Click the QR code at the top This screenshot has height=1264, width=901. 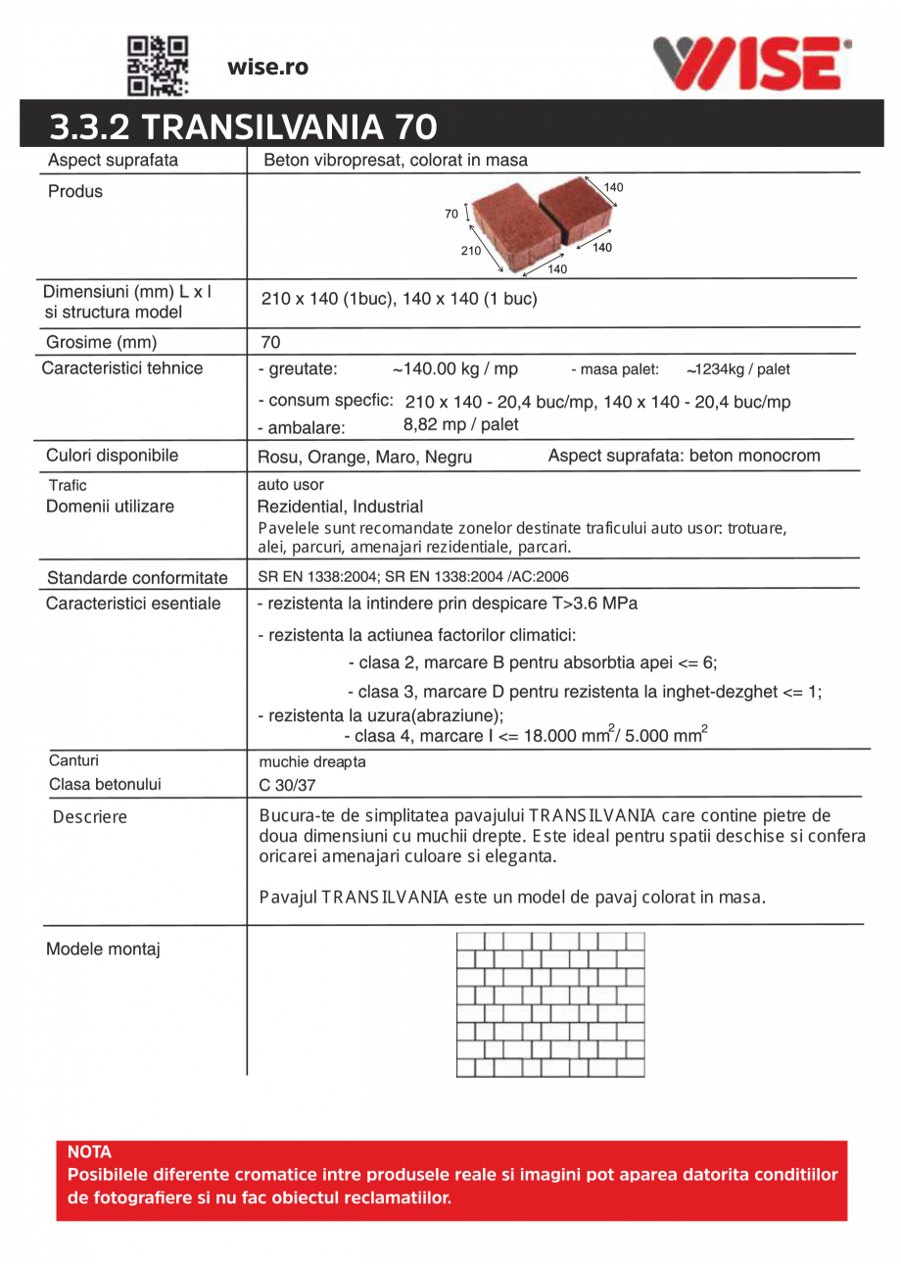[x=158, y=66]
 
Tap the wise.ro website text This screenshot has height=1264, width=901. [x=267, y=67]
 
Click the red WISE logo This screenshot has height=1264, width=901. [x=752, y=65]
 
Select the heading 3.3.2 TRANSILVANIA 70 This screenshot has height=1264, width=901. [x=244, y=127]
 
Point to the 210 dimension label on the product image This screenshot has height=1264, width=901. [x=471, y=251]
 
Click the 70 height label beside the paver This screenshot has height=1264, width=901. [x=451, y=214]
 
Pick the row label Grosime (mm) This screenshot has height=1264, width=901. [x=102, y=343]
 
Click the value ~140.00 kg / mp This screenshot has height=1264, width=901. [x=455, y=369]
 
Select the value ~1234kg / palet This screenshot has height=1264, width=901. [x=737, y=370]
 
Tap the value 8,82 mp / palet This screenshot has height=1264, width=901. [x=461, y=425]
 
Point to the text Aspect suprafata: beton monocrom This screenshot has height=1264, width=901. [x=684, y=456]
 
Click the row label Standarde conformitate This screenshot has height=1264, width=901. [x=137, y=577]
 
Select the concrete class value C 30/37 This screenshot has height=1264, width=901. [x=280, y=784]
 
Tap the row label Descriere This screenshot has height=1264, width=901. [x=90, y=816]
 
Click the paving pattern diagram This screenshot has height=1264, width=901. [x=550, y=1004]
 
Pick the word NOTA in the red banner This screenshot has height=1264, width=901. [x=89, y=1152]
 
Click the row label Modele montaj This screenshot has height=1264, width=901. [x=104, y=949]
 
